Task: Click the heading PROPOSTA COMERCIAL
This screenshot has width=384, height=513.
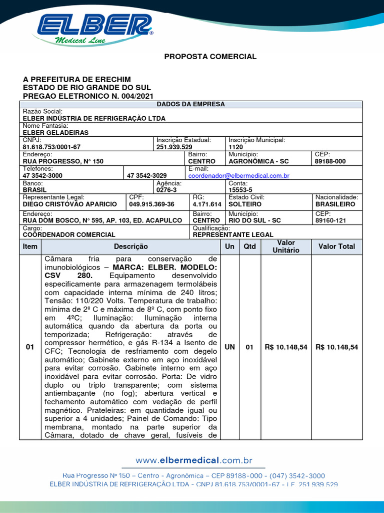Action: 210,57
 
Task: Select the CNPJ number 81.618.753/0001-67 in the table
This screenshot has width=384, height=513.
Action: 51,147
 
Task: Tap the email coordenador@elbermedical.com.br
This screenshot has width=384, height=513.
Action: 238,176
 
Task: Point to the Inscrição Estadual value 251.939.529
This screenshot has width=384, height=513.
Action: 174,147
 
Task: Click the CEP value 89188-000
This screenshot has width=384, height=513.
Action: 330,161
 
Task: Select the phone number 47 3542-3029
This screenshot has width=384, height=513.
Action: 147,176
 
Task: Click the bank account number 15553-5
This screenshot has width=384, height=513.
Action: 240,190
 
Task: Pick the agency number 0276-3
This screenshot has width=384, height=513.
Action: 166,190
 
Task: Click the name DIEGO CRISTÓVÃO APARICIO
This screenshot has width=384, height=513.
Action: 70,204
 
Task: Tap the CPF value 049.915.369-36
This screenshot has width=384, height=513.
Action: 151,204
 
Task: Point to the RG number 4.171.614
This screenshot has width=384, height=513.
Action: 206,204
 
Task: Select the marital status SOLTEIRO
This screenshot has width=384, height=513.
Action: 245,204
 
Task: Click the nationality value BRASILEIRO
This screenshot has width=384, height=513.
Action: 335,204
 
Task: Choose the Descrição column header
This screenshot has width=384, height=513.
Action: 131,246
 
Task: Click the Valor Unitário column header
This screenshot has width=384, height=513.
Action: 286,246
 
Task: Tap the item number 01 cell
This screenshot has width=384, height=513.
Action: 30,347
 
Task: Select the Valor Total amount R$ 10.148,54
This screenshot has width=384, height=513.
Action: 337,347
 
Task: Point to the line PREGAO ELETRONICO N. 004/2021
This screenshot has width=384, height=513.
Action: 88,96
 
